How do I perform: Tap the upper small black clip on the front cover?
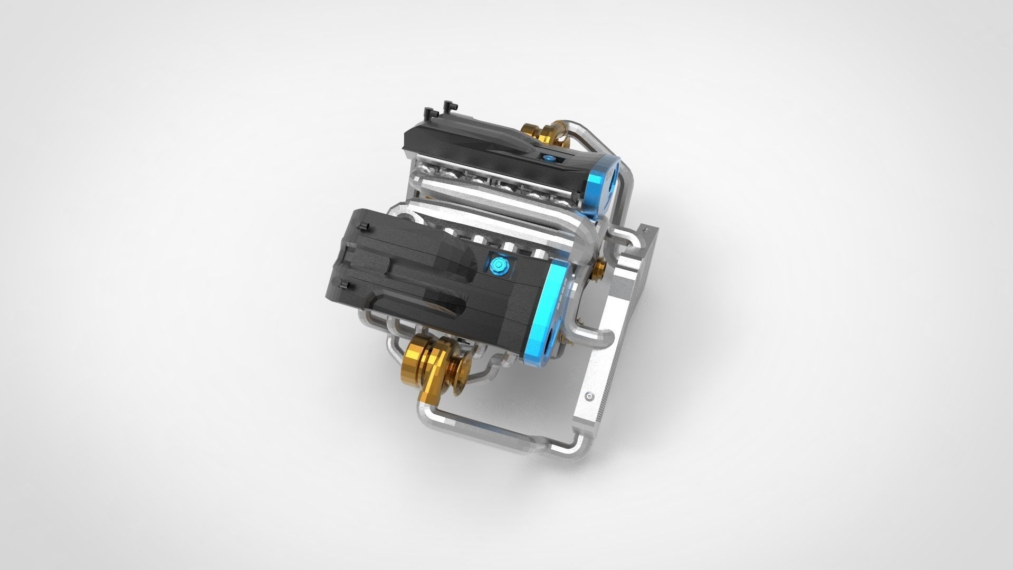362,226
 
